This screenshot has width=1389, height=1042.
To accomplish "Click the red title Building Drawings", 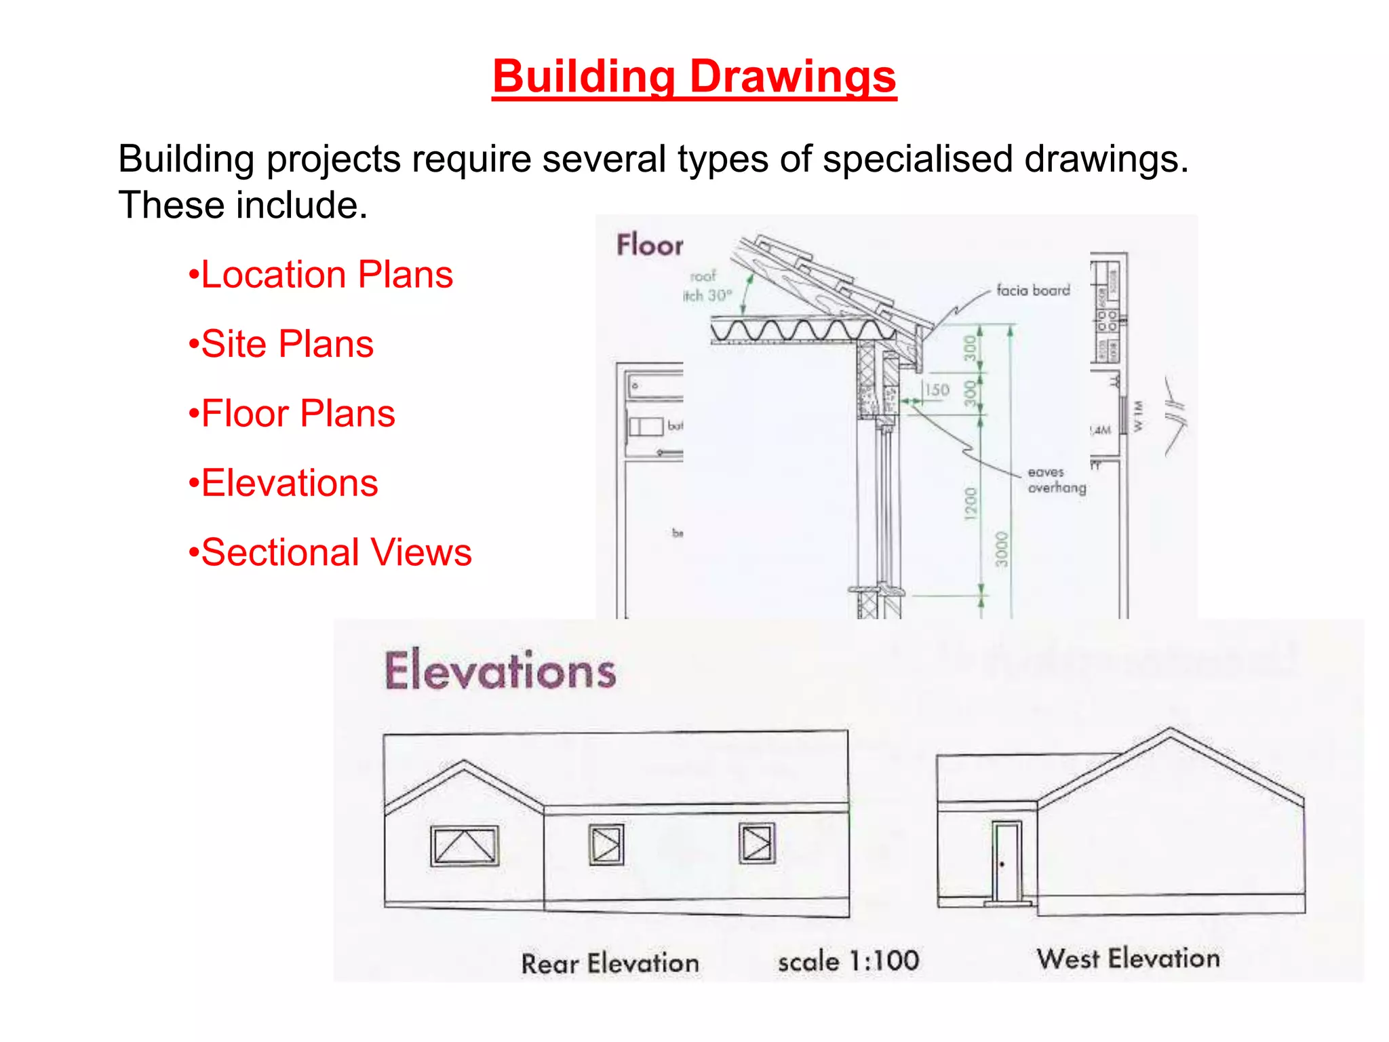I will (x=694, y=76).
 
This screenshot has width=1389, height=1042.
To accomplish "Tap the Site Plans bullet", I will (x=287, y=344).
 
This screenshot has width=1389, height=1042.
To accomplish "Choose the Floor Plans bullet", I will (x=298, y=413).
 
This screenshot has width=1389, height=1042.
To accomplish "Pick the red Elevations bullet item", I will (x=289, y=483).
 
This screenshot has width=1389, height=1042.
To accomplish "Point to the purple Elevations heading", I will (x=501, y=670).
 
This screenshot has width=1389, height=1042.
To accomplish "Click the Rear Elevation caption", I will (x=610, y=963).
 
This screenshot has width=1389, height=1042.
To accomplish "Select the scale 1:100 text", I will (x=848, y=961).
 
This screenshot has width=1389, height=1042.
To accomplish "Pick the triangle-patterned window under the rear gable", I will (x=465, y=845).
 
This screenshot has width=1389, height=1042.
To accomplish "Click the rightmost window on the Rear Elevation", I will (x=756, y=844).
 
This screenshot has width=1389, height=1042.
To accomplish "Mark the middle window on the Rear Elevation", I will (x=606, y=845).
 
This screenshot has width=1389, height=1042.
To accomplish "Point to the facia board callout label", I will (x=1033, y=290).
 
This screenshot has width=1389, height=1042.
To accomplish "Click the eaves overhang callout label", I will (x=1056, y=480).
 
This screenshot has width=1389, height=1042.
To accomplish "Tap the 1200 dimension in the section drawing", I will (x=971, y=503).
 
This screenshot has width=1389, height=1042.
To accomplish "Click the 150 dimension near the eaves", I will (x=937, y=390).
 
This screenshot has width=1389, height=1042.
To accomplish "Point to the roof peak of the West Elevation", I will (x=1170, y=730).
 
